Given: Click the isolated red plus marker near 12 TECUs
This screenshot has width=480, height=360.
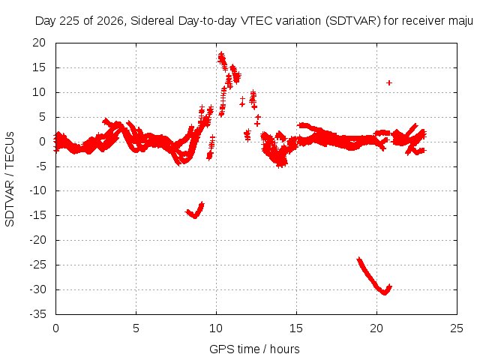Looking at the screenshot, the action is coord(389,82).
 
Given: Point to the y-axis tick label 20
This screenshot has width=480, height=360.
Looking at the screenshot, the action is coord(39,43).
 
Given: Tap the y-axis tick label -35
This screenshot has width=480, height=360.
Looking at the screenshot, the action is coord(38,314).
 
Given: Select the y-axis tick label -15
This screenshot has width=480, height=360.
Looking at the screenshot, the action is coord(38,215).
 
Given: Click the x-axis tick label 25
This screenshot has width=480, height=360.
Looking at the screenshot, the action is coord(457,328).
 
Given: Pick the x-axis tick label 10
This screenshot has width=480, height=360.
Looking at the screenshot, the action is coord(216,328).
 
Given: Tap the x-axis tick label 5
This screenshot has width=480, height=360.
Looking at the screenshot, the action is coord(136,328).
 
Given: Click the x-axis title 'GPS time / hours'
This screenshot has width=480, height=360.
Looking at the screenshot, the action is coord(254,349).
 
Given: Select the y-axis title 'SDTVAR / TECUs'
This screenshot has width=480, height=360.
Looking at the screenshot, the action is coord(10,179).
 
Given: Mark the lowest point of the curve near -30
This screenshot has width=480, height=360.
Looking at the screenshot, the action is coord(385,293).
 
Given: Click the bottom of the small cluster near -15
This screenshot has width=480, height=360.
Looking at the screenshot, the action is coord(195,217).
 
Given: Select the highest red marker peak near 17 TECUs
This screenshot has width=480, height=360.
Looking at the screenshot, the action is coord(221,54).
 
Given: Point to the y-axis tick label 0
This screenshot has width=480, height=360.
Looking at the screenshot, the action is coord(42,142).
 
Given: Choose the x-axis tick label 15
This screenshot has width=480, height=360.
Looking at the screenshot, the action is coord(296,328).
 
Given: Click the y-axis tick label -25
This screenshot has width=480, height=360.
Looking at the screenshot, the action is coord(38,265).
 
